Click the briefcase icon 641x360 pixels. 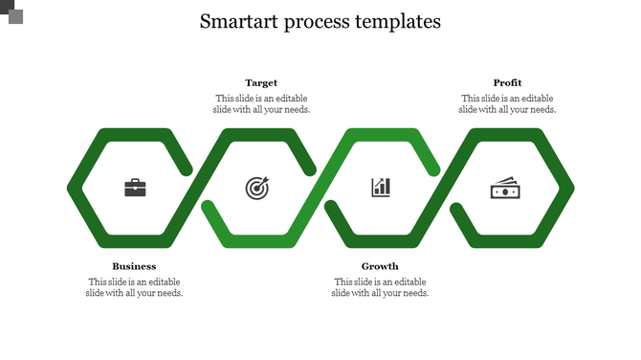(135, 188)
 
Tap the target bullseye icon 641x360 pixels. (257, 188)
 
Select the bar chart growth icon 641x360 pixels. (381, 187)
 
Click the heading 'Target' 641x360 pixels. (261, 83)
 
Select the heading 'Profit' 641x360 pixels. (507, 83)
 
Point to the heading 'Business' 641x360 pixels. (134, 266)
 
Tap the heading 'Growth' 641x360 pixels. (380, 266)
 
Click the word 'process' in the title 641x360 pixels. (320, 22)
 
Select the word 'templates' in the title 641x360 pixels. (400, 22)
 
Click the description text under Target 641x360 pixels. (261, 103)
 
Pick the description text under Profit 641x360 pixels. (507, 103)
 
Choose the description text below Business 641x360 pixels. (134, 287)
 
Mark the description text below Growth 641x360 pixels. (380, 287)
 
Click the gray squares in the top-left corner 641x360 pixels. (11, 11)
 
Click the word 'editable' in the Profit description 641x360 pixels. (536, 98)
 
